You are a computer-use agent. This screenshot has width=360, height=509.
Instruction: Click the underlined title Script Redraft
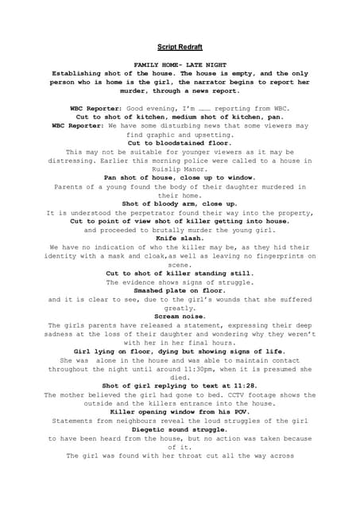pos(180,47)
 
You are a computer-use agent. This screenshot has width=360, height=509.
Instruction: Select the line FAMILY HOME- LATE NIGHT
pos(180,62)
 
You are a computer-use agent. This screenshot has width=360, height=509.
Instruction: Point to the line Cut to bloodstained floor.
pos(180,142)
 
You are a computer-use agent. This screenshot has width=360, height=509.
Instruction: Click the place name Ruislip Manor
pos(180,169)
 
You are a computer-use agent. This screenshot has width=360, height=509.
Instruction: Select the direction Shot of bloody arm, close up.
pos(180,204)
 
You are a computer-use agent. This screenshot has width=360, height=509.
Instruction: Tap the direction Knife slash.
pos(180,238)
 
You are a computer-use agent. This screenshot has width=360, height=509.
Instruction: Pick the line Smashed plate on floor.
pos(180,290)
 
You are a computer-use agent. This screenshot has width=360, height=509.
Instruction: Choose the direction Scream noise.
pos(180,316)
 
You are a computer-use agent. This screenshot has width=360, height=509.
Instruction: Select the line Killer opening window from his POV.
pos(180,412)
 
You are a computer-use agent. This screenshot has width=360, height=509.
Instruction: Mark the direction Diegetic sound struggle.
pos(180,429)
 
